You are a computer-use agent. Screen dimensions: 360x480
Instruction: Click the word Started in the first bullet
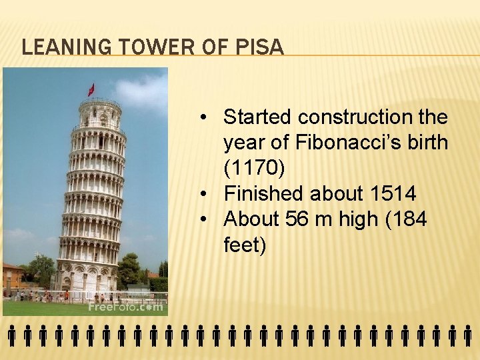(x=258, y=117)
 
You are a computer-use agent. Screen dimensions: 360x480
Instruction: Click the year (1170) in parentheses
(x=254, y=168)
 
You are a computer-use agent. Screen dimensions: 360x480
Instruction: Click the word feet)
(x=245, y=245)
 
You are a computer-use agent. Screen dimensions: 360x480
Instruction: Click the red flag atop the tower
(x=91, y=89)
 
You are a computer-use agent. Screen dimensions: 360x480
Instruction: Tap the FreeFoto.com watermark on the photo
(x=125, y=307)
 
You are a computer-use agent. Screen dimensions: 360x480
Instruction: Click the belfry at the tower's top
(x=99, y=114)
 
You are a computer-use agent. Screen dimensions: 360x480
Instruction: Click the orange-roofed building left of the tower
(x=13, y=274)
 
